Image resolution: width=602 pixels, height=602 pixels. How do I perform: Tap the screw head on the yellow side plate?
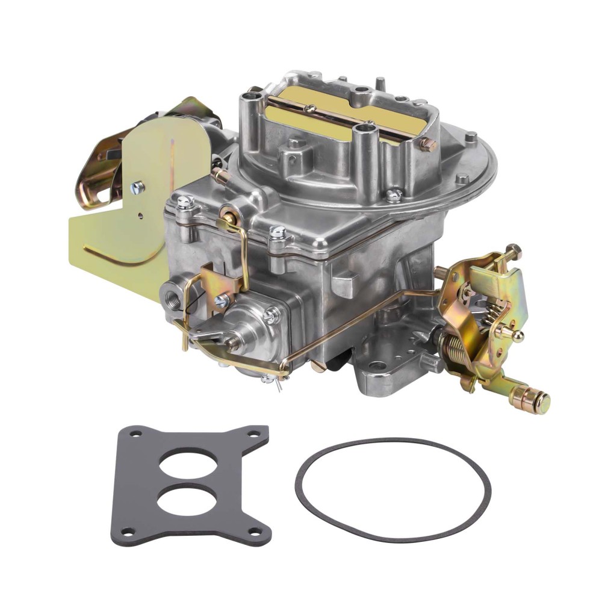(138, 187)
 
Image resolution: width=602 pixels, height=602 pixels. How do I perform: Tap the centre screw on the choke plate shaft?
(311, 108)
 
